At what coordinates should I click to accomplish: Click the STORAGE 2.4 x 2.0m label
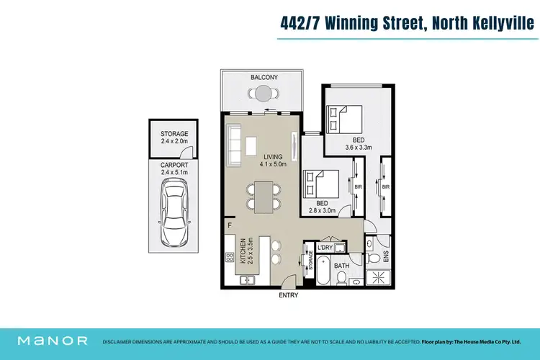[174, 138]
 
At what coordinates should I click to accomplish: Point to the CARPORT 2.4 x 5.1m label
[174, 168]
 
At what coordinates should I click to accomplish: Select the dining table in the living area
[265, 196]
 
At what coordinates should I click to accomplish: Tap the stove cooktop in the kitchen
[230, 257]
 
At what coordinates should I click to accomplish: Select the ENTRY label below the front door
[288, 294]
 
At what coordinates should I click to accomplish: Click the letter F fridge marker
[229, 225]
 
